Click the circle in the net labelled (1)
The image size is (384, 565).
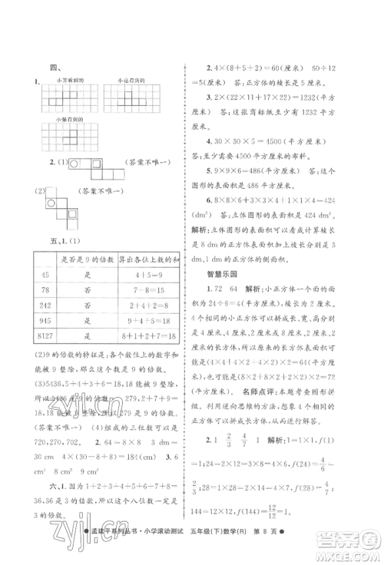pyautogui.click(x=74, y=163)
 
